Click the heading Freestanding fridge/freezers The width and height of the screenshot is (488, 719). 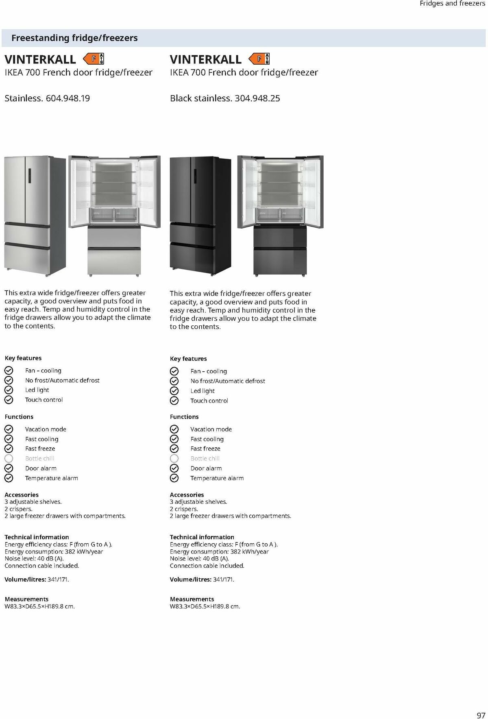tap(74, 38)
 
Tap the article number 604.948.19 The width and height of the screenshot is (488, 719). tap(68, 98)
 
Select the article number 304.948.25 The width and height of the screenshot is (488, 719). tap(257, 98)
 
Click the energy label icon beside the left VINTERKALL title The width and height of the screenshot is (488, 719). tap(94, 59)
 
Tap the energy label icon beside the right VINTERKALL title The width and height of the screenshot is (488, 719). tap(259, 59)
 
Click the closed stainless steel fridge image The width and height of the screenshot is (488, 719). tap(35, 216)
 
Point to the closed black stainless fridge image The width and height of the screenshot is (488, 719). tap(200, 216)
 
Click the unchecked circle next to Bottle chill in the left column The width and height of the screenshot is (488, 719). tap(9, 458)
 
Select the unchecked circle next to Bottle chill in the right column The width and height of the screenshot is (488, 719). tap(174, 458)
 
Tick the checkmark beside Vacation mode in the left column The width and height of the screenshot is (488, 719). tap(9, 429)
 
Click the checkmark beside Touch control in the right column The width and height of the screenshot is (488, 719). tap(174, 401)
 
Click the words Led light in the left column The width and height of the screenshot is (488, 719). tap(37, 390)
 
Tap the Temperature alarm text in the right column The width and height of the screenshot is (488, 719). tap(217, 478)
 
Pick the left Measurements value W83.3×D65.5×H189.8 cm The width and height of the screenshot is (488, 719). tap(40, 606)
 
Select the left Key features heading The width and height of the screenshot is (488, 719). tap(23, 358)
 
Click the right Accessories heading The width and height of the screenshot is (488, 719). tap(187, 495)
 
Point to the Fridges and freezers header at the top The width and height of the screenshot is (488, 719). tap(452, 4)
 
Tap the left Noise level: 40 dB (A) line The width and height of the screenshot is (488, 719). tap(34, 559)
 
